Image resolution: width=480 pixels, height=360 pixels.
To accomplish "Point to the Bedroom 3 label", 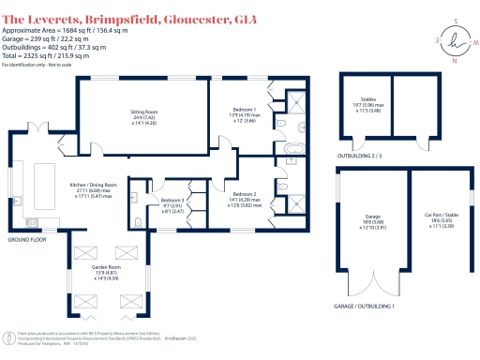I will pos(172,202).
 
